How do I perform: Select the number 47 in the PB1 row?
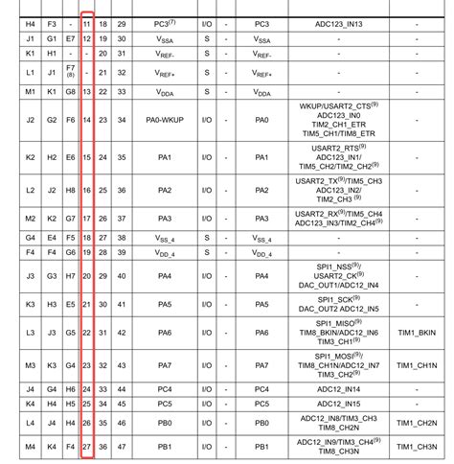tap(121, 448)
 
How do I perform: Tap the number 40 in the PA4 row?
tap(121, 276)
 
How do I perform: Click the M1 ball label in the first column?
tap(30, 91)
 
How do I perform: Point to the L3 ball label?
tap(30, 332)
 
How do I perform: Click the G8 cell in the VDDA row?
tap(70, 91)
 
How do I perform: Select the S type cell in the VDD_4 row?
tap(204, 252)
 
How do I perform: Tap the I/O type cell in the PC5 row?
tap(204, 405)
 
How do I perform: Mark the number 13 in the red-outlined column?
tap(87, 91)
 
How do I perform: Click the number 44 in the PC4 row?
tap(121, 388)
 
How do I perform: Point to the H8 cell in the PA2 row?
tap(70, 190)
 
